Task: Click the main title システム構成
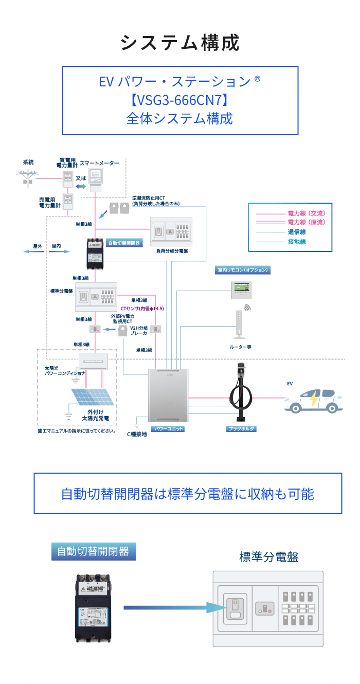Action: click(180, 43)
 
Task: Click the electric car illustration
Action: click(313, 401)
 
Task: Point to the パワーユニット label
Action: click(168, 428)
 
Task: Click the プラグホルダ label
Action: click(241, 428)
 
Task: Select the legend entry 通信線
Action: click(297, 231)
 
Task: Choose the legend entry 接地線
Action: click(297, 241)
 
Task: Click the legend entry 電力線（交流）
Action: click(307, 213)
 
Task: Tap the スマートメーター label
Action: click(99, 163)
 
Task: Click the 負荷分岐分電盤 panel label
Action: click(172, 251)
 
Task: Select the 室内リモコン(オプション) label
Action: click(242, 269)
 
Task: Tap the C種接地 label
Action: click(137, 434)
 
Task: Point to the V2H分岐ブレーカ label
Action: click(138, 330)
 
